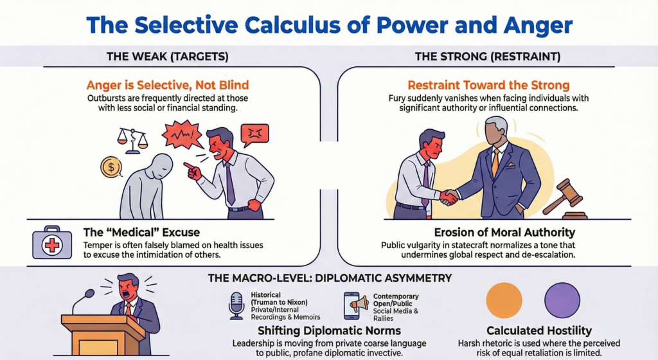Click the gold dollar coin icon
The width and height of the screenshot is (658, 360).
pos(111,168)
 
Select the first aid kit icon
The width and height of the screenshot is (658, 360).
pos(51,243)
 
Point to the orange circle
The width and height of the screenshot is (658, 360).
pos(504,300)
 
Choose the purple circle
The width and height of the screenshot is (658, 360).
pos(562,300)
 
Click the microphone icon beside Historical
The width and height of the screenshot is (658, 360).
pos(236,305)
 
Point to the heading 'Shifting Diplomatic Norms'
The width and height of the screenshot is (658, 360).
pos(329,331)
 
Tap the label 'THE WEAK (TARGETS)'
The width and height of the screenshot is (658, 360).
pos(167,57)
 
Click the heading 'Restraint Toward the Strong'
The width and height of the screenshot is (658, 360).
pos(488,85)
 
